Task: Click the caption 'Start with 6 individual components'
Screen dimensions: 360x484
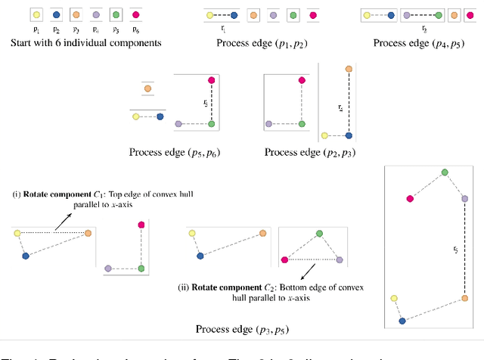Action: [85, 42]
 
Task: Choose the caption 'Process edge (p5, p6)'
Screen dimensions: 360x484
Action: [175, 152]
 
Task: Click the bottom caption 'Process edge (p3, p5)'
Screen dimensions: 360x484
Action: [242, 329]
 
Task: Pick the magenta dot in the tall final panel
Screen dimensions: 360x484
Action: [410, 199]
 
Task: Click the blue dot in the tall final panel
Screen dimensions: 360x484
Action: [402, 321]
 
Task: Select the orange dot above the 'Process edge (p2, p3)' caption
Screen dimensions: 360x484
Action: [349, 69]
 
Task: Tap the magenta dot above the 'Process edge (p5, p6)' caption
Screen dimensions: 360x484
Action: [212, 79]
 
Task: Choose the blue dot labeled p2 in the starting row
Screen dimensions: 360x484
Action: [57, 14]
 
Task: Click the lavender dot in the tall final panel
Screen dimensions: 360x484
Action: [464, 199]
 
